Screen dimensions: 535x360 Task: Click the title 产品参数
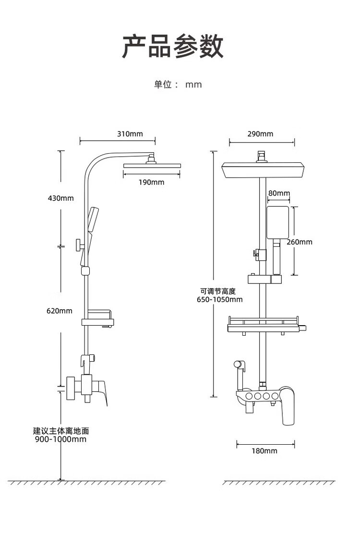tap(173, 47)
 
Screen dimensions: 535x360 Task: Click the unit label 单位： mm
tap(178, 85)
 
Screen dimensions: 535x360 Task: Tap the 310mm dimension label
tap(130, 134)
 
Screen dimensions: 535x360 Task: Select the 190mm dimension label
tap(151, 182)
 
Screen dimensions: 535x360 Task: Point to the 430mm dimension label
tap(60, 198)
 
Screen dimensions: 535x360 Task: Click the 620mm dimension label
tap(60, 311)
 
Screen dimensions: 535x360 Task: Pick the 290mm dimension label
tap(260, 134)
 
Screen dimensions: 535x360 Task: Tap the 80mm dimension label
tap(279, 194)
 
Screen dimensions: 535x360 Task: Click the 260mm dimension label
tap(299, 242)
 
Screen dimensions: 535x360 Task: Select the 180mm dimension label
tap(264, 451)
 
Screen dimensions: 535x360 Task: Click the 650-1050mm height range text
tap(220, 300)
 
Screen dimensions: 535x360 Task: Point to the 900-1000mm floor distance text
tap(60, 439)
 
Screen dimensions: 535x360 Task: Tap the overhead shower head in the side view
tap(152, 166)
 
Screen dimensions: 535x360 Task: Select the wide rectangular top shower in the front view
tap(264, 170)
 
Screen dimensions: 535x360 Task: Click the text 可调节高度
tap(218, 291)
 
